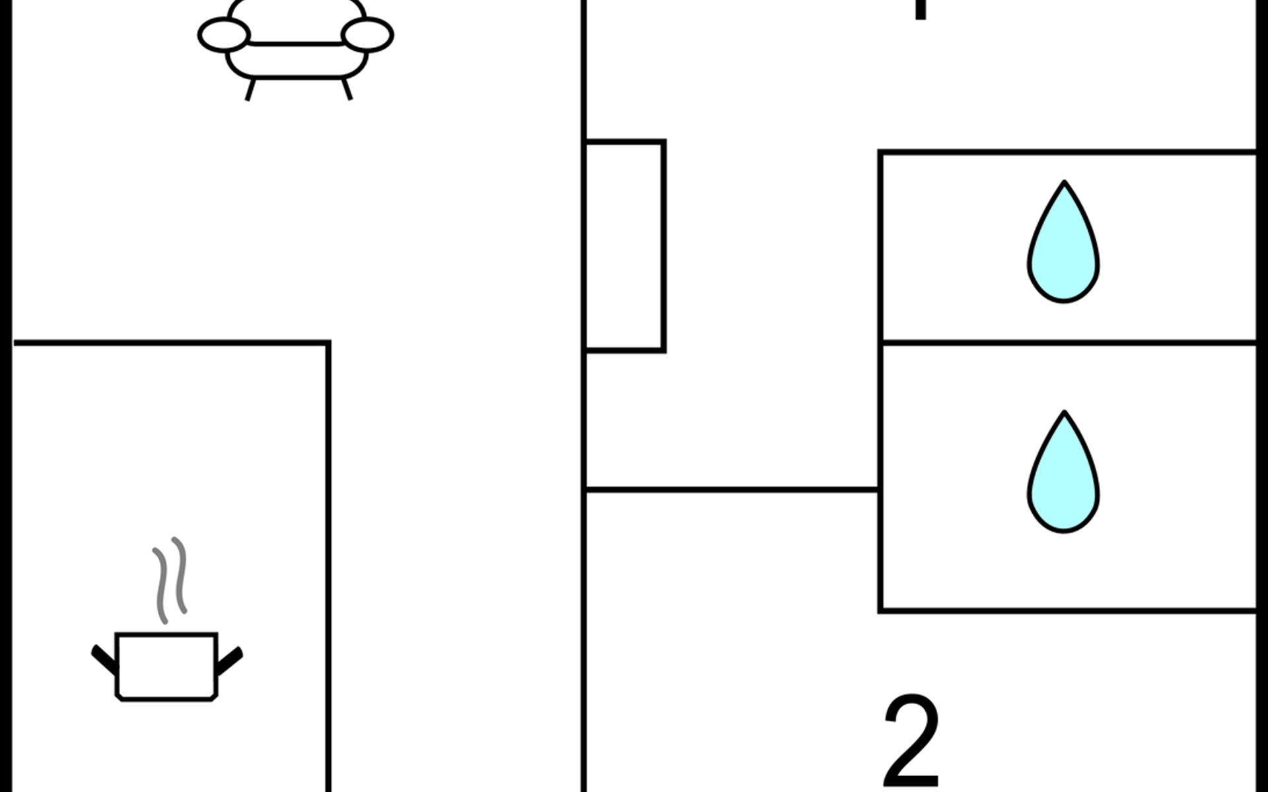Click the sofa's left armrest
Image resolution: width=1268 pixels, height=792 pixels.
(x=224, y=35)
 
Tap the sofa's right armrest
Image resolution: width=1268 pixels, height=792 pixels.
(x=367, y=35)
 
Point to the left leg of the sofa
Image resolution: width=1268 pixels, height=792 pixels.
(x=250, y=89)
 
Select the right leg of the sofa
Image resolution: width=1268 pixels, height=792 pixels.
(x=347, y=89)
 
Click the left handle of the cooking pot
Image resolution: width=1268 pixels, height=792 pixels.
(x=104, y=659)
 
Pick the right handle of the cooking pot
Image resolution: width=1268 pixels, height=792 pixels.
(x=230, y=659)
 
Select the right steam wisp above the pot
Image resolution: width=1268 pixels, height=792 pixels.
(x=180, y=575)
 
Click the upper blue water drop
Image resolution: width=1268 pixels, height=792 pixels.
(x=1063, y=251)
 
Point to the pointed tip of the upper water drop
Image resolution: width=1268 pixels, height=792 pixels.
(x=1064, y=183)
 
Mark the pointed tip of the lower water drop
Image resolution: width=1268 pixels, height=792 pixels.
(x=1064, y=413)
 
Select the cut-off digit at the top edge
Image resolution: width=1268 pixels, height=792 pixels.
(x=920, y=9)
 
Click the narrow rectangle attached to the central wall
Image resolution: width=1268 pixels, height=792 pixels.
(x=625, y=246)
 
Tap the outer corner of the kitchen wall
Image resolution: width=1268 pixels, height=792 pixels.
(x=328, y=343)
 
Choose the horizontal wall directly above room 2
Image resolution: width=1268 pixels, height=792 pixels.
(x=732, y=489)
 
